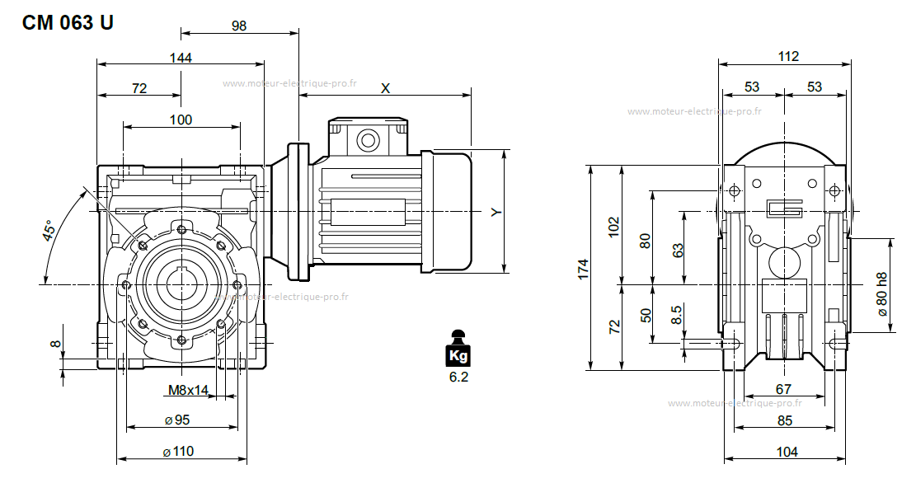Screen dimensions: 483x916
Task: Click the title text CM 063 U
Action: pyautogui.click(x=68, y=22)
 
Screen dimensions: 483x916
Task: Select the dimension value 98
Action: pyautogui.click(x=239, y=26)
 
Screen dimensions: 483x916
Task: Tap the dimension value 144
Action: pyautogui.click(x=181, y=58)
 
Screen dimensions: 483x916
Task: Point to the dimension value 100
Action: pyautogui.click(x=181, y=120)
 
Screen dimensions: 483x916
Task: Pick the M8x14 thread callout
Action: pyautogui.click(x=189, y=390)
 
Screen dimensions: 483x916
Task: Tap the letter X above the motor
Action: pyautogui.click(x=385, y=88)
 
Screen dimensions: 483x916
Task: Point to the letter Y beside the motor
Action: pyautogui.click(x=496, y=213)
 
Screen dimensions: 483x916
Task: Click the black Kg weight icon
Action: pyautogui.click(x=458, y=350)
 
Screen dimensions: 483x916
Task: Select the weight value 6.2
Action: pyautogui.click(x=458, y=377)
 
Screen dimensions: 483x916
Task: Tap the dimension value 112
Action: pyautogui.click(x=788, y=57)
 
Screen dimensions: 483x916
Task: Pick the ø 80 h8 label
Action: pyautogui.click(x=882, y=294)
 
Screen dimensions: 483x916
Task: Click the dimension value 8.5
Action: pyautogui.click(x=676, y=315)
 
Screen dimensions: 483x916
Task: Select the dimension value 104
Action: pyautogui.click(x=787, y=452)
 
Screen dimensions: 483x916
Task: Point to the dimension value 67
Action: pyautogui.click(x=783, y=389)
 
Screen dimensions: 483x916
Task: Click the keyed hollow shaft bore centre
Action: pyautogui.click(x=181, y=284)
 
